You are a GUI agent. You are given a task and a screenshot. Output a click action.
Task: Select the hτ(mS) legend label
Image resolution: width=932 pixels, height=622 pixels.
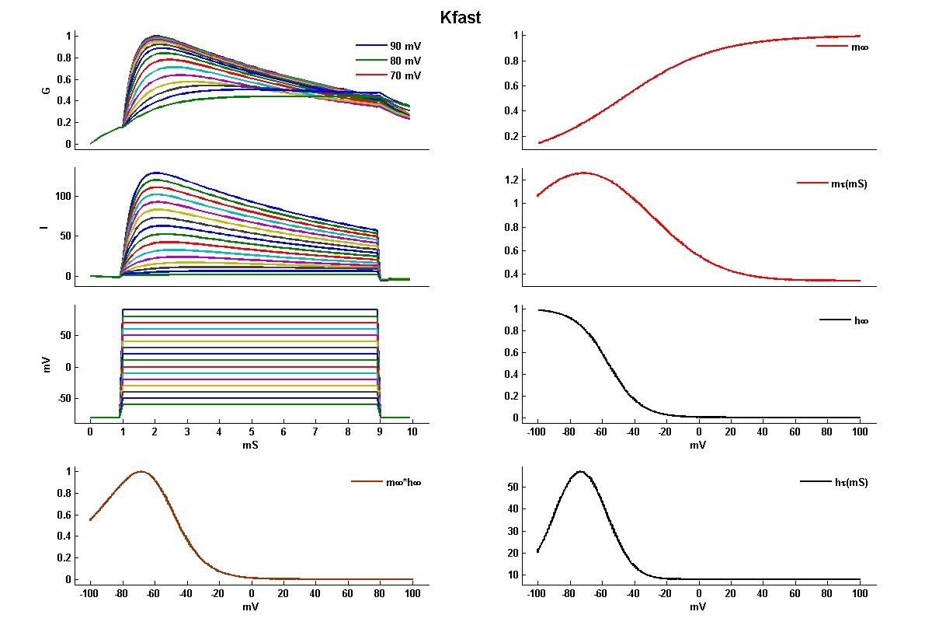850,482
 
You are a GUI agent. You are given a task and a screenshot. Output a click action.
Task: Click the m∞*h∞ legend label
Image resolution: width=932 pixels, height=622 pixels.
404,482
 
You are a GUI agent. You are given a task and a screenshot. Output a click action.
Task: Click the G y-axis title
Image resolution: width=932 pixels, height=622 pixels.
47,90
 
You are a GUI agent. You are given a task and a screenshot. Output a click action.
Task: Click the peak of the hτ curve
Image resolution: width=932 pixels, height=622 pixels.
579,471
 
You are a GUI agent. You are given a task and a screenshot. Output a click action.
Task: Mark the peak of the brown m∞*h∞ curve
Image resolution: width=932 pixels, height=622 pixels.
141,471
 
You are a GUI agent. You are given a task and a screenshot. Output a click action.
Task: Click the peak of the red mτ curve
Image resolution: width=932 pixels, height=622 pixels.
582,173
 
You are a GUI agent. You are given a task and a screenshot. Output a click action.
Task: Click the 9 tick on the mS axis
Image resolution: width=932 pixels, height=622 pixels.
381,431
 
